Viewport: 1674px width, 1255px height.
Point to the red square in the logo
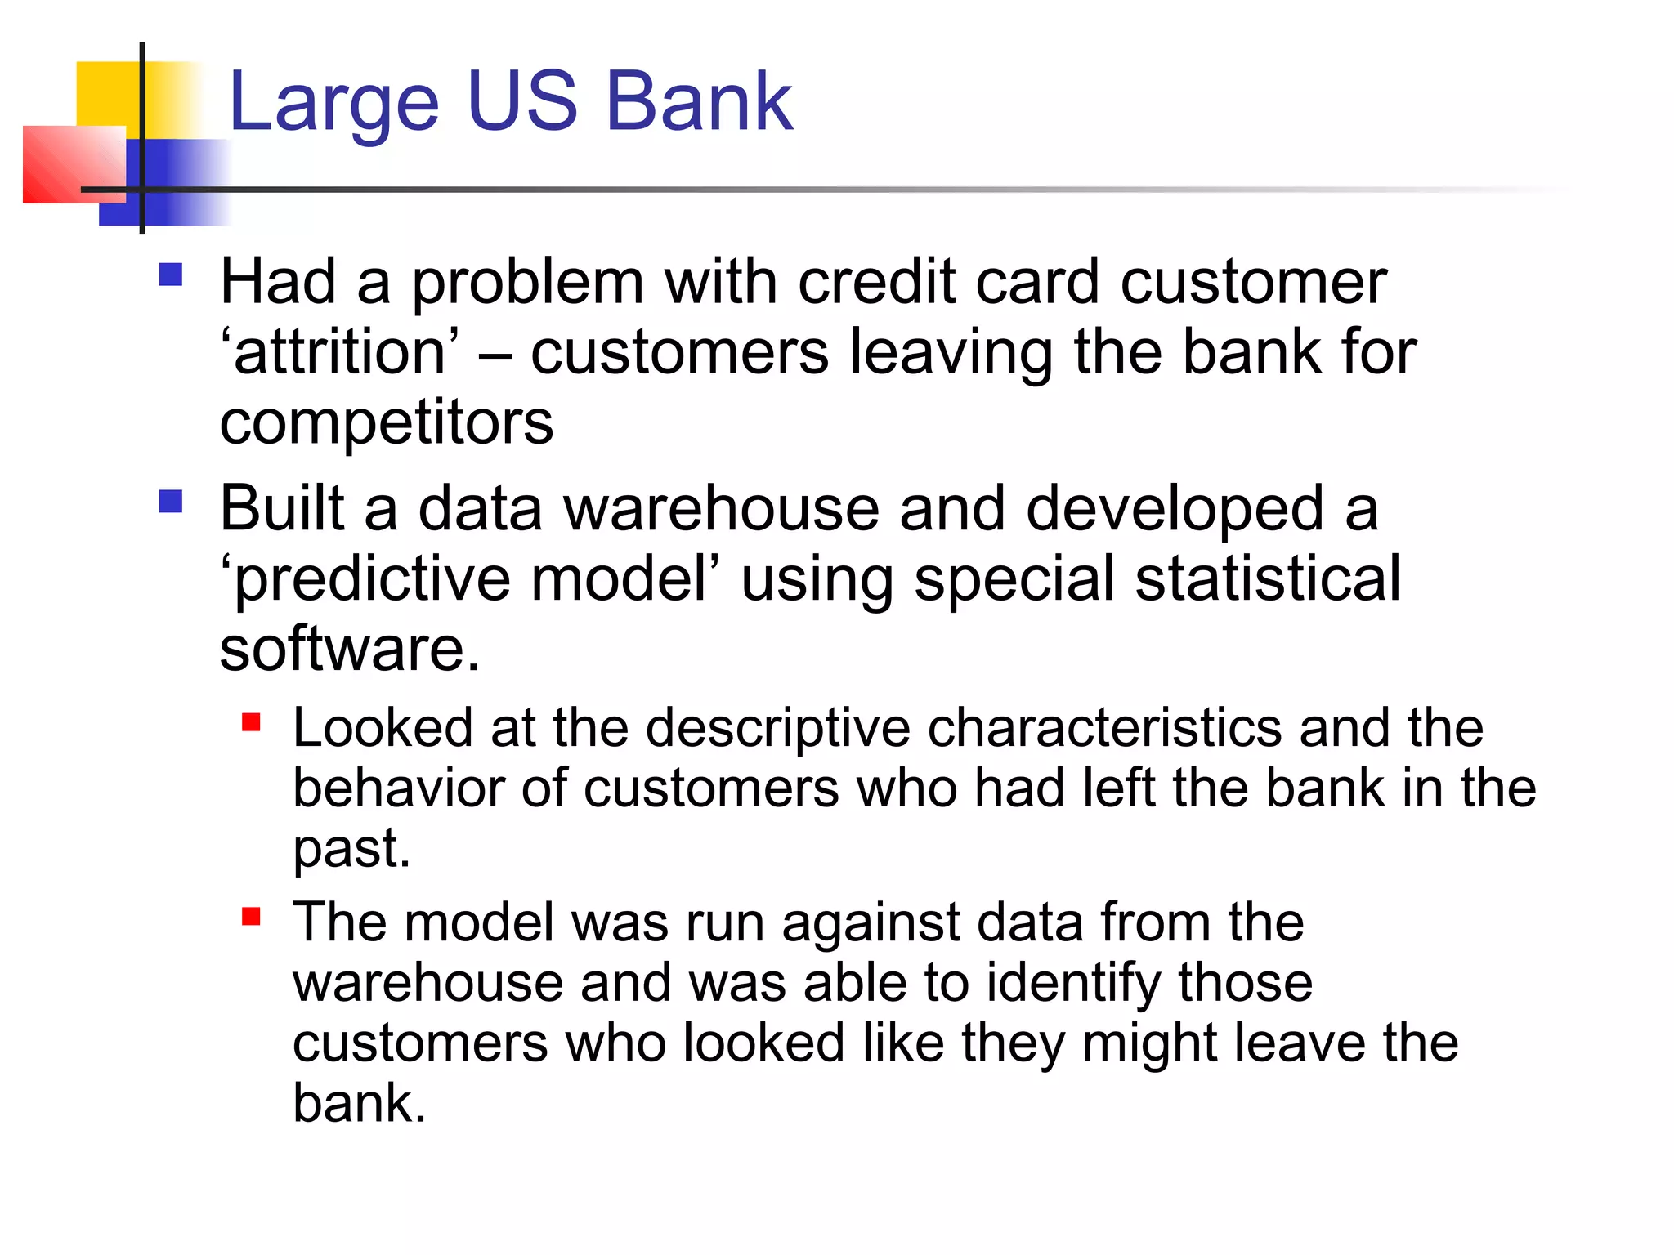(72, 163)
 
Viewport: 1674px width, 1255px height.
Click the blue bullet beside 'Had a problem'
(171, 274)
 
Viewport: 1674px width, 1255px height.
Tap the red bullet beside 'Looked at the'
(251, 722)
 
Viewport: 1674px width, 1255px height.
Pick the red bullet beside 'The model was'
(251, 916)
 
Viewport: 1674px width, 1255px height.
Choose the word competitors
(387, 422)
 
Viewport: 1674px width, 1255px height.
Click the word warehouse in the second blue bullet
(721, 508)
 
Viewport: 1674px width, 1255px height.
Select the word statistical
(1268, 578)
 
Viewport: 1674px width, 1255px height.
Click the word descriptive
(778, 728)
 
